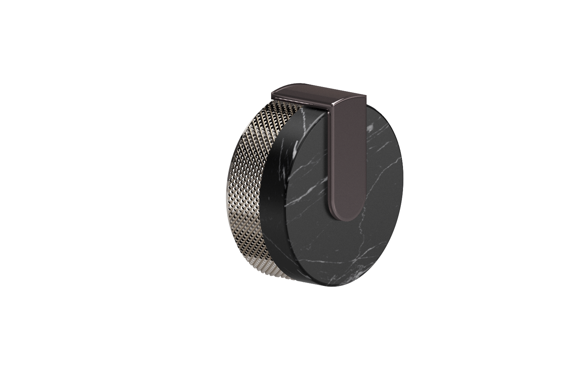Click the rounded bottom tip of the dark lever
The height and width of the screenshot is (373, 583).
pyautogui.click(x=347, y=216)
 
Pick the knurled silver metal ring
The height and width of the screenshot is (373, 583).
pyautogui.click(x=251, y=182)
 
